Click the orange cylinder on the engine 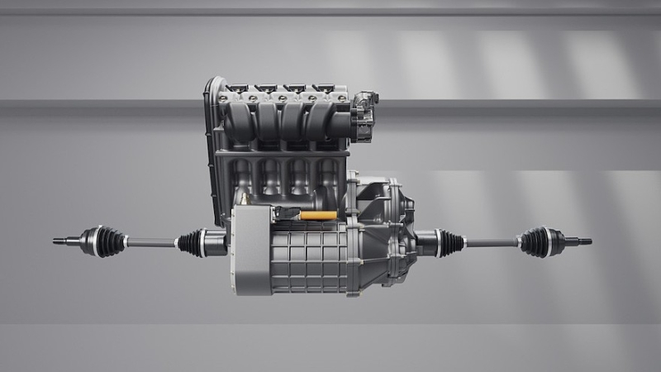pyautogui.click(x=318, y=216)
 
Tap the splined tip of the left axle pyautogui.click(x=60, y=241)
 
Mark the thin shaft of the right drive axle pyautogui.click(x=491, y=242)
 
